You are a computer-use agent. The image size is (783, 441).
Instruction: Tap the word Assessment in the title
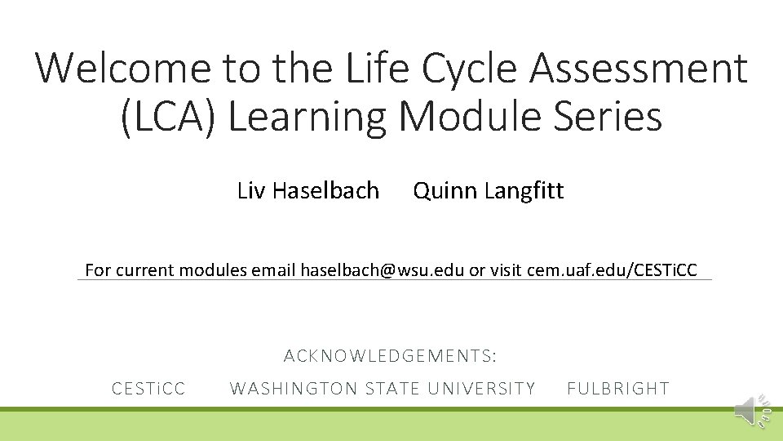(638, 68)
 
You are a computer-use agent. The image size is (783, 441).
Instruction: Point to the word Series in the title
(613, 116)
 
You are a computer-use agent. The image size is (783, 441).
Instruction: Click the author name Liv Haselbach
(307, 191)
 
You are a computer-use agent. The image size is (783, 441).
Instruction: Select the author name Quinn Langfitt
(488, 191)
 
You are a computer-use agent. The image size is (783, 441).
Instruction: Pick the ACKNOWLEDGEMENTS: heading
(390, 356)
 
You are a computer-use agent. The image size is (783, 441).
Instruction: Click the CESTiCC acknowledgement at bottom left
(148, 389)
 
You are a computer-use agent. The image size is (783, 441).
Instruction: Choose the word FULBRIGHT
(617, 389)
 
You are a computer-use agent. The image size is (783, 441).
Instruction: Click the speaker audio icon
(748, 411)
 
